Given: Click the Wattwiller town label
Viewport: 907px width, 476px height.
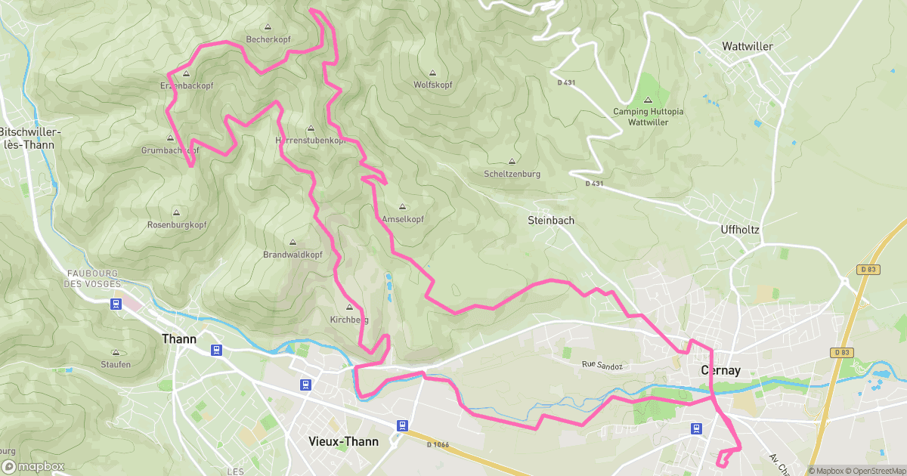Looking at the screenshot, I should coord(748,46).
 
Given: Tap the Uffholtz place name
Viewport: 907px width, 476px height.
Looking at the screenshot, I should coord(739,229).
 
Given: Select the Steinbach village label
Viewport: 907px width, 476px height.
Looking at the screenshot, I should coord(550,221).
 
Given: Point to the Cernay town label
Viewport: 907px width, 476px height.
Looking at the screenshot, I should coord(720,371).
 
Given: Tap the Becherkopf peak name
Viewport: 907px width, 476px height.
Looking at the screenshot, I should coord(268,40).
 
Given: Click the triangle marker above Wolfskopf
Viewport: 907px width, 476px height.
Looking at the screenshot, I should coord(432,73).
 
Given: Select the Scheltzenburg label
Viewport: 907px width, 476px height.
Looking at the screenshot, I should coord(512,174).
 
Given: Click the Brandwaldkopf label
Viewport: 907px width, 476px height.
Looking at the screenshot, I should coord(293,255).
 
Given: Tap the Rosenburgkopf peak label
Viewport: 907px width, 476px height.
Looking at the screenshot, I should coord(177,225).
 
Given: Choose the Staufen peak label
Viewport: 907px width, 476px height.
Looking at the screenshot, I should coord(116,364).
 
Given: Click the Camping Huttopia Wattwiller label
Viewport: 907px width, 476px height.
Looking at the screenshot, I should coord(648,116).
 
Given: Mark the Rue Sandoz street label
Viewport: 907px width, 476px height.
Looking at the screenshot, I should coord(602,366).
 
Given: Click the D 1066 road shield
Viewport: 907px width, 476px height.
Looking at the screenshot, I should coord(438,444).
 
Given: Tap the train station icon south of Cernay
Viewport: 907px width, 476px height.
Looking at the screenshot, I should coord(695,428).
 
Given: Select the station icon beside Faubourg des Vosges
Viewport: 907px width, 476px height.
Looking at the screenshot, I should coord(116,304).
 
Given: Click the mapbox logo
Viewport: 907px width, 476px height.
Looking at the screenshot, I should coord(33,466).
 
